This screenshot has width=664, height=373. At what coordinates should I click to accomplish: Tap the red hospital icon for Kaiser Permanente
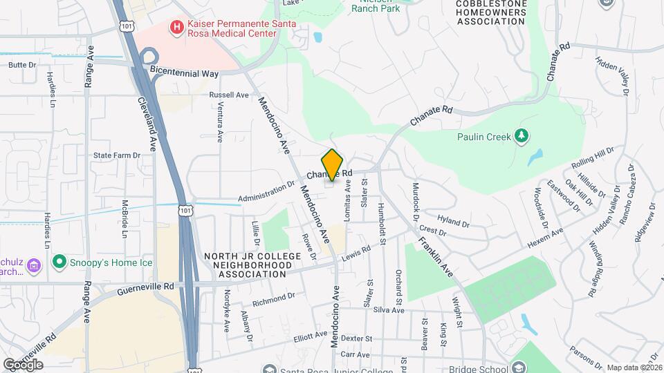(177, 28)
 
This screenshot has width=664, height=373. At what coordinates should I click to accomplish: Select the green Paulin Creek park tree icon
(522, 136)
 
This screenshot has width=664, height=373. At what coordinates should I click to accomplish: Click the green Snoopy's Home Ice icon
(59, 262)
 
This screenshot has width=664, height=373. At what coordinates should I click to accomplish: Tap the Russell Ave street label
(228, 95)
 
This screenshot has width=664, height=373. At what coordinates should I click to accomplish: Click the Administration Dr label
(266, 193)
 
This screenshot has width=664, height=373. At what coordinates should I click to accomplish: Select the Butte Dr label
(21, 65)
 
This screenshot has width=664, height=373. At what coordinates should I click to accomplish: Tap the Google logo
(23, 364)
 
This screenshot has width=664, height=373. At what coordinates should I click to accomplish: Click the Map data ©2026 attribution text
(634, 367)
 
